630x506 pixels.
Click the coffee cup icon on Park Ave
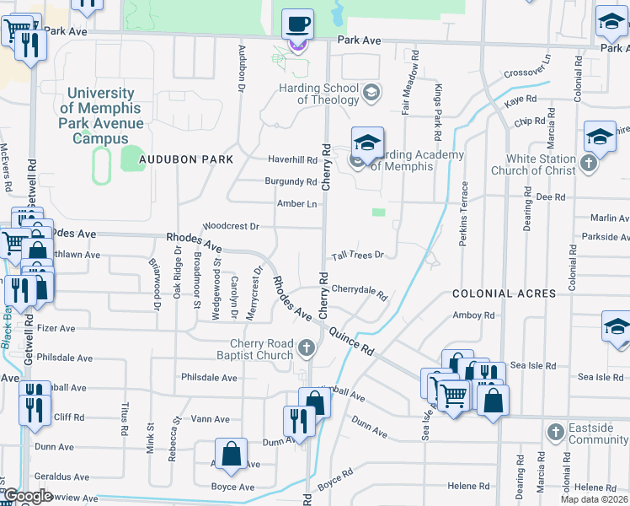coord(297,24)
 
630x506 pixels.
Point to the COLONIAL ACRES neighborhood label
coord(504,293)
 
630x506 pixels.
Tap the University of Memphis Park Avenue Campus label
coord(100,116)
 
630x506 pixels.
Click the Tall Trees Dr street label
coord(357,255)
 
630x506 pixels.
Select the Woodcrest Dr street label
coord(230,227)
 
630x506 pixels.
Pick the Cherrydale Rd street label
coord(358,292)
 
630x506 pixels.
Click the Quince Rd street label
coord(351,339)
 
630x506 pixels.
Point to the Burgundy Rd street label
coord(291,181)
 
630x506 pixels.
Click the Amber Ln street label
coord(296,204)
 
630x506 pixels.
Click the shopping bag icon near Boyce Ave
coord(231,455)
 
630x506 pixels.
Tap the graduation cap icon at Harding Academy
coord(367,143)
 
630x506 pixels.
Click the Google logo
coord(27,496)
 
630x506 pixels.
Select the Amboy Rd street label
coord(473,315)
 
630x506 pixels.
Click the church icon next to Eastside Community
coord(554,433)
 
